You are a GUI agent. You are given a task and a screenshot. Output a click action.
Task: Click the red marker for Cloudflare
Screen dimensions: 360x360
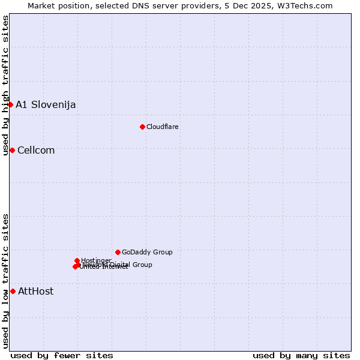pyautogui.click(x=142, y=127)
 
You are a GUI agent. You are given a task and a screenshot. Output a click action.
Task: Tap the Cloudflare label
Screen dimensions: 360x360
pyautogui.click(x=163, y=127)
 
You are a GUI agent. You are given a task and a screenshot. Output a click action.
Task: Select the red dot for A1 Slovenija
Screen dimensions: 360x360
pyautogui.click(x=10, y=104)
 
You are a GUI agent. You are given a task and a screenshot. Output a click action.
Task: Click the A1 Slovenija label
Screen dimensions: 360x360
pyautogui.click(x=46, y=105)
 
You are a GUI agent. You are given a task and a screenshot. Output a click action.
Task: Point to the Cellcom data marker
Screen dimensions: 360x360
pyautogui.click(x=12, y=150)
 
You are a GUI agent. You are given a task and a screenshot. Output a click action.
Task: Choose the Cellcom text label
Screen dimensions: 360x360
pyautogui.click(x=36, y=151)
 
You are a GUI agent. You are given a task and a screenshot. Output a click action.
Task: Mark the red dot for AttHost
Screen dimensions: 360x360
pyautogui.click(x=13, y=291)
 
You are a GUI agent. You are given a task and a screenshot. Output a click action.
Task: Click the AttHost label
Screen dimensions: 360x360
pyautogui.click(x=36, y=292)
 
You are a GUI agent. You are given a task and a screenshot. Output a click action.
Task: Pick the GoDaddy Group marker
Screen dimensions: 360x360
pyautogui.click(x=118, y=252)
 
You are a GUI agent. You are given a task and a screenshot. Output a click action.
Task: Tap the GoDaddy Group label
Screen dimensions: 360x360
pyautogui.click(x=147, y=253)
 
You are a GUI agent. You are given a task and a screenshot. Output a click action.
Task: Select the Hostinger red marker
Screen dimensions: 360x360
pyautogui.click(x=77, y=260)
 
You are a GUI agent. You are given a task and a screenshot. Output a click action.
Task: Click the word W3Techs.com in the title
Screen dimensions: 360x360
pyautogui.click(x=308, y=5)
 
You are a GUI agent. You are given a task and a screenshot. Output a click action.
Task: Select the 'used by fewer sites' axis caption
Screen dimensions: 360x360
pyautogui.click(x=62, y=355)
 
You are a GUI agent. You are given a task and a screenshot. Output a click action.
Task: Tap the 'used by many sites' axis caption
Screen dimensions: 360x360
pyautogui.click(x=301, y=355)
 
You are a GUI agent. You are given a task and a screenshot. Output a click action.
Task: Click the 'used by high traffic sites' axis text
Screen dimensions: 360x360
pyautogui.click(x=5, y=85)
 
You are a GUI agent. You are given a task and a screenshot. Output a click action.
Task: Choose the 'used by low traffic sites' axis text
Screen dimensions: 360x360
pyautogui.click(x=5, y=281)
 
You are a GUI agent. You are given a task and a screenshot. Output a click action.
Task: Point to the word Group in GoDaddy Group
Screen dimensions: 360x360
pyautogui.click(x=162, y=253)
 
